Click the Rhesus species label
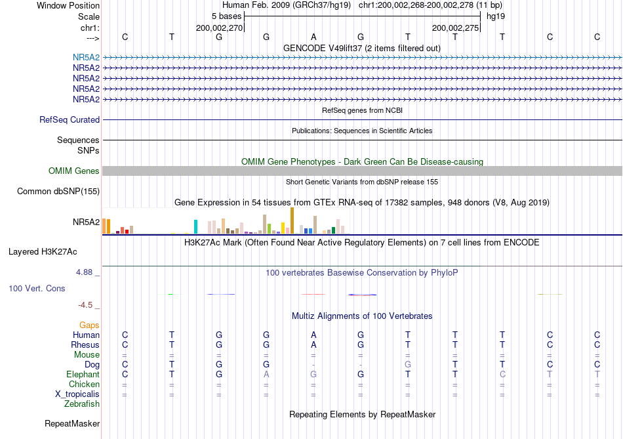pos(85,345)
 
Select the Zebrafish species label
pos(82,404)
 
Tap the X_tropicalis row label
pos(77,394)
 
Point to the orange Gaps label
pos(89,325)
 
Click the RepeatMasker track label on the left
pos(72,424)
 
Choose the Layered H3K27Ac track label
pos(43,252)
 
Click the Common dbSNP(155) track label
pos(58,191)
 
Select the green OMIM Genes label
pos(73,171)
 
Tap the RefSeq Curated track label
pos(69,119)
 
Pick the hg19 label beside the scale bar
pos(496,16)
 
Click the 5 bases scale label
pos(226,16)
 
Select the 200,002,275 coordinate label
pos(455,28)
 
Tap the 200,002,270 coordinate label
pos(219,28)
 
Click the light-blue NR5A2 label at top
pos(86,58)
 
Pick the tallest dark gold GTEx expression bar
pos(292,220)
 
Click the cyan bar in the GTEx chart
pos(195,226)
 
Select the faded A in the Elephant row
pos(266,374)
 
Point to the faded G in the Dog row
pos(408,364)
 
